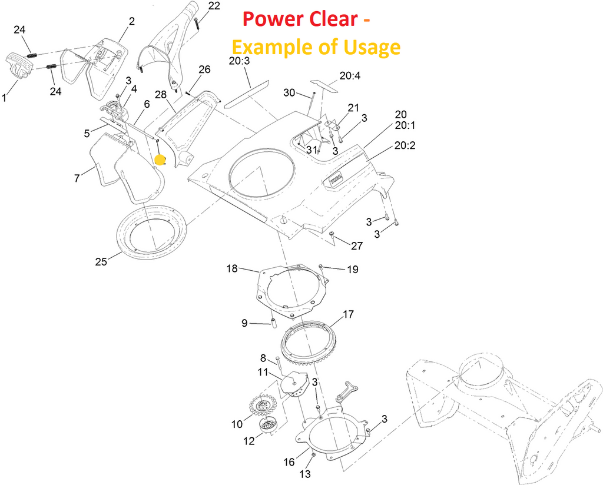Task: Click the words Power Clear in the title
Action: [299, 19]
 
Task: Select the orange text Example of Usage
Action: [316, 46]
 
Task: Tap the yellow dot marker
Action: [159, 160]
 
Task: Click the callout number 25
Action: [101, 262]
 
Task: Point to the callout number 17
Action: [348, 314]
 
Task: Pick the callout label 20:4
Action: [349, 75]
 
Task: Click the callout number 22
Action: [214, 6]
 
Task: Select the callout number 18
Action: [232, 269]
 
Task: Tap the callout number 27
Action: [357, 246]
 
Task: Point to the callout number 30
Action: [289, 92]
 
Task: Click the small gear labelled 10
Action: [263, 405]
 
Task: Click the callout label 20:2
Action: [405, 145]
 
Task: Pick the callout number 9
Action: [244, 323]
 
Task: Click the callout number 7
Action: [77, 177]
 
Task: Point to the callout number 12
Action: [249, 440]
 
